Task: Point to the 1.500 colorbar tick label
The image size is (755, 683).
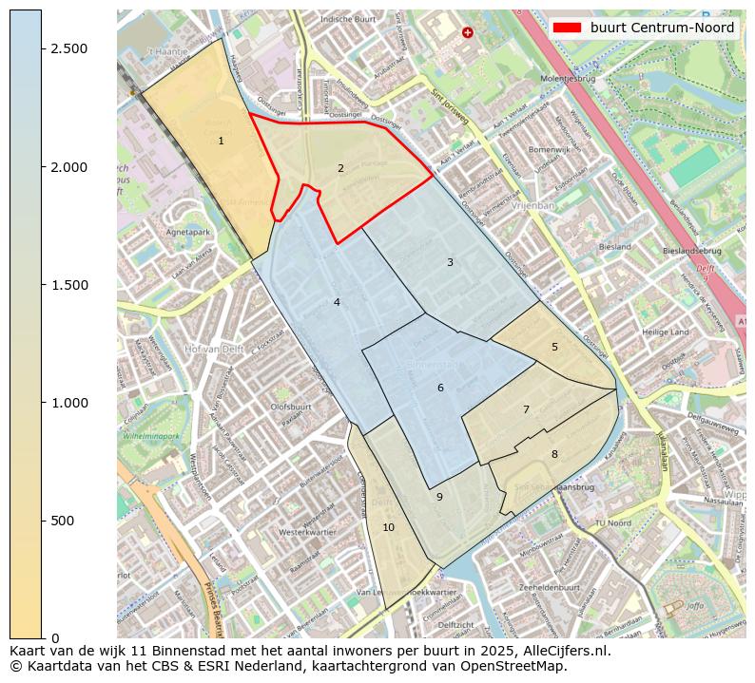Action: coord(70,285)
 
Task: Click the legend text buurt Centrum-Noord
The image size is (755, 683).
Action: coord(662,28)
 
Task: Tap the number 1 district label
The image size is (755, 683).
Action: coord(221,141)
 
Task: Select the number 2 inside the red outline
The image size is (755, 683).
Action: coord(340,168)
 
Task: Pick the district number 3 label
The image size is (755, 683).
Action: coord(450,262)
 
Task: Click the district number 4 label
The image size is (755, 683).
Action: coord(337,302)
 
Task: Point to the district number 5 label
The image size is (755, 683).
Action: coord(554,347)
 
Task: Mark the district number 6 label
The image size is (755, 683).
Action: coord(440,388)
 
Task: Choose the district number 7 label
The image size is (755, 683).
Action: coord(526,409)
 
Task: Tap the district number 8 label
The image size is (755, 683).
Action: coord(554,454)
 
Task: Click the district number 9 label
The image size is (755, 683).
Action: coord(439,497)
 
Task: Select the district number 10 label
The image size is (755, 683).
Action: coord(388,527)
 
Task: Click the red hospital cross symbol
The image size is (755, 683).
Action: coord(467,32)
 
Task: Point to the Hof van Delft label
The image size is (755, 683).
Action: coord(214,349)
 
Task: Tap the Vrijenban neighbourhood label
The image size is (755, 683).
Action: coord(532,204)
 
